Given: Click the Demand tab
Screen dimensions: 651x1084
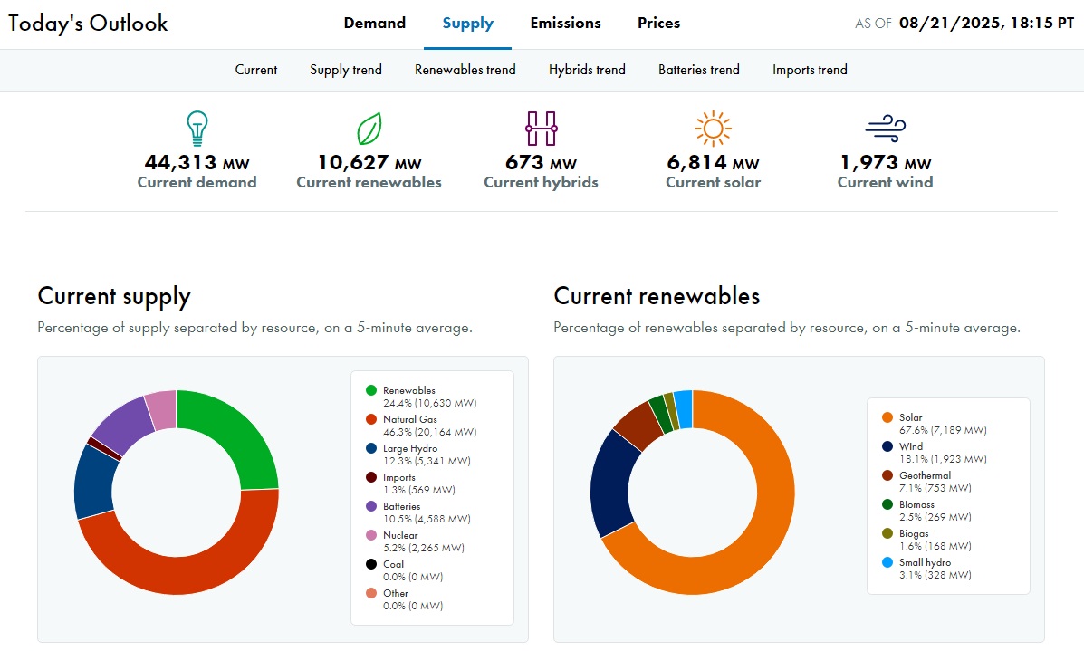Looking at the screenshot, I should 374,24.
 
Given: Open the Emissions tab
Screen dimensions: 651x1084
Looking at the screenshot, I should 565,24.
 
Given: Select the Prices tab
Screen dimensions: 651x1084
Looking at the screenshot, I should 658,24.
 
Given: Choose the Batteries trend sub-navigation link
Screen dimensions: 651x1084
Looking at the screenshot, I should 698,70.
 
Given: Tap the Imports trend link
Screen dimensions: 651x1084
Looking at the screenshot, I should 810,70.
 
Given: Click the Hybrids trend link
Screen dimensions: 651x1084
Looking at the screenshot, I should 587,70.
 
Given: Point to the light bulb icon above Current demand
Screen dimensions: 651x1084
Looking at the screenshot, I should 197,129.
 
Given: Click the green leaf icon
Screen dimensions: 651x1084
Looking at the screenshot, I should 369,129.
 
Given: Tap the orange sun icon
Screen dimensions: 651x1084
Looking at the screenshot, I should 713,129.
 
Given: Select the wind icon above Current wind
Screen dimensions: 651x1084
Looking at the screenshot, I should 885,129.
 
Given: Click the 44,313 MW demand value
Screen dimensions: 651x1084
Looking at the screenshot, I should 197,163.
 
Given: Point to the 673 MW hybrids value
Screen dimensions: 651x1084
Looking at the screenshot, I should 541,163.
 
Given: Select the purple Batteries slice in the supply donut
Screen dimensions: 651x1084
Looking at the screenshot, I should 120,424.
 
